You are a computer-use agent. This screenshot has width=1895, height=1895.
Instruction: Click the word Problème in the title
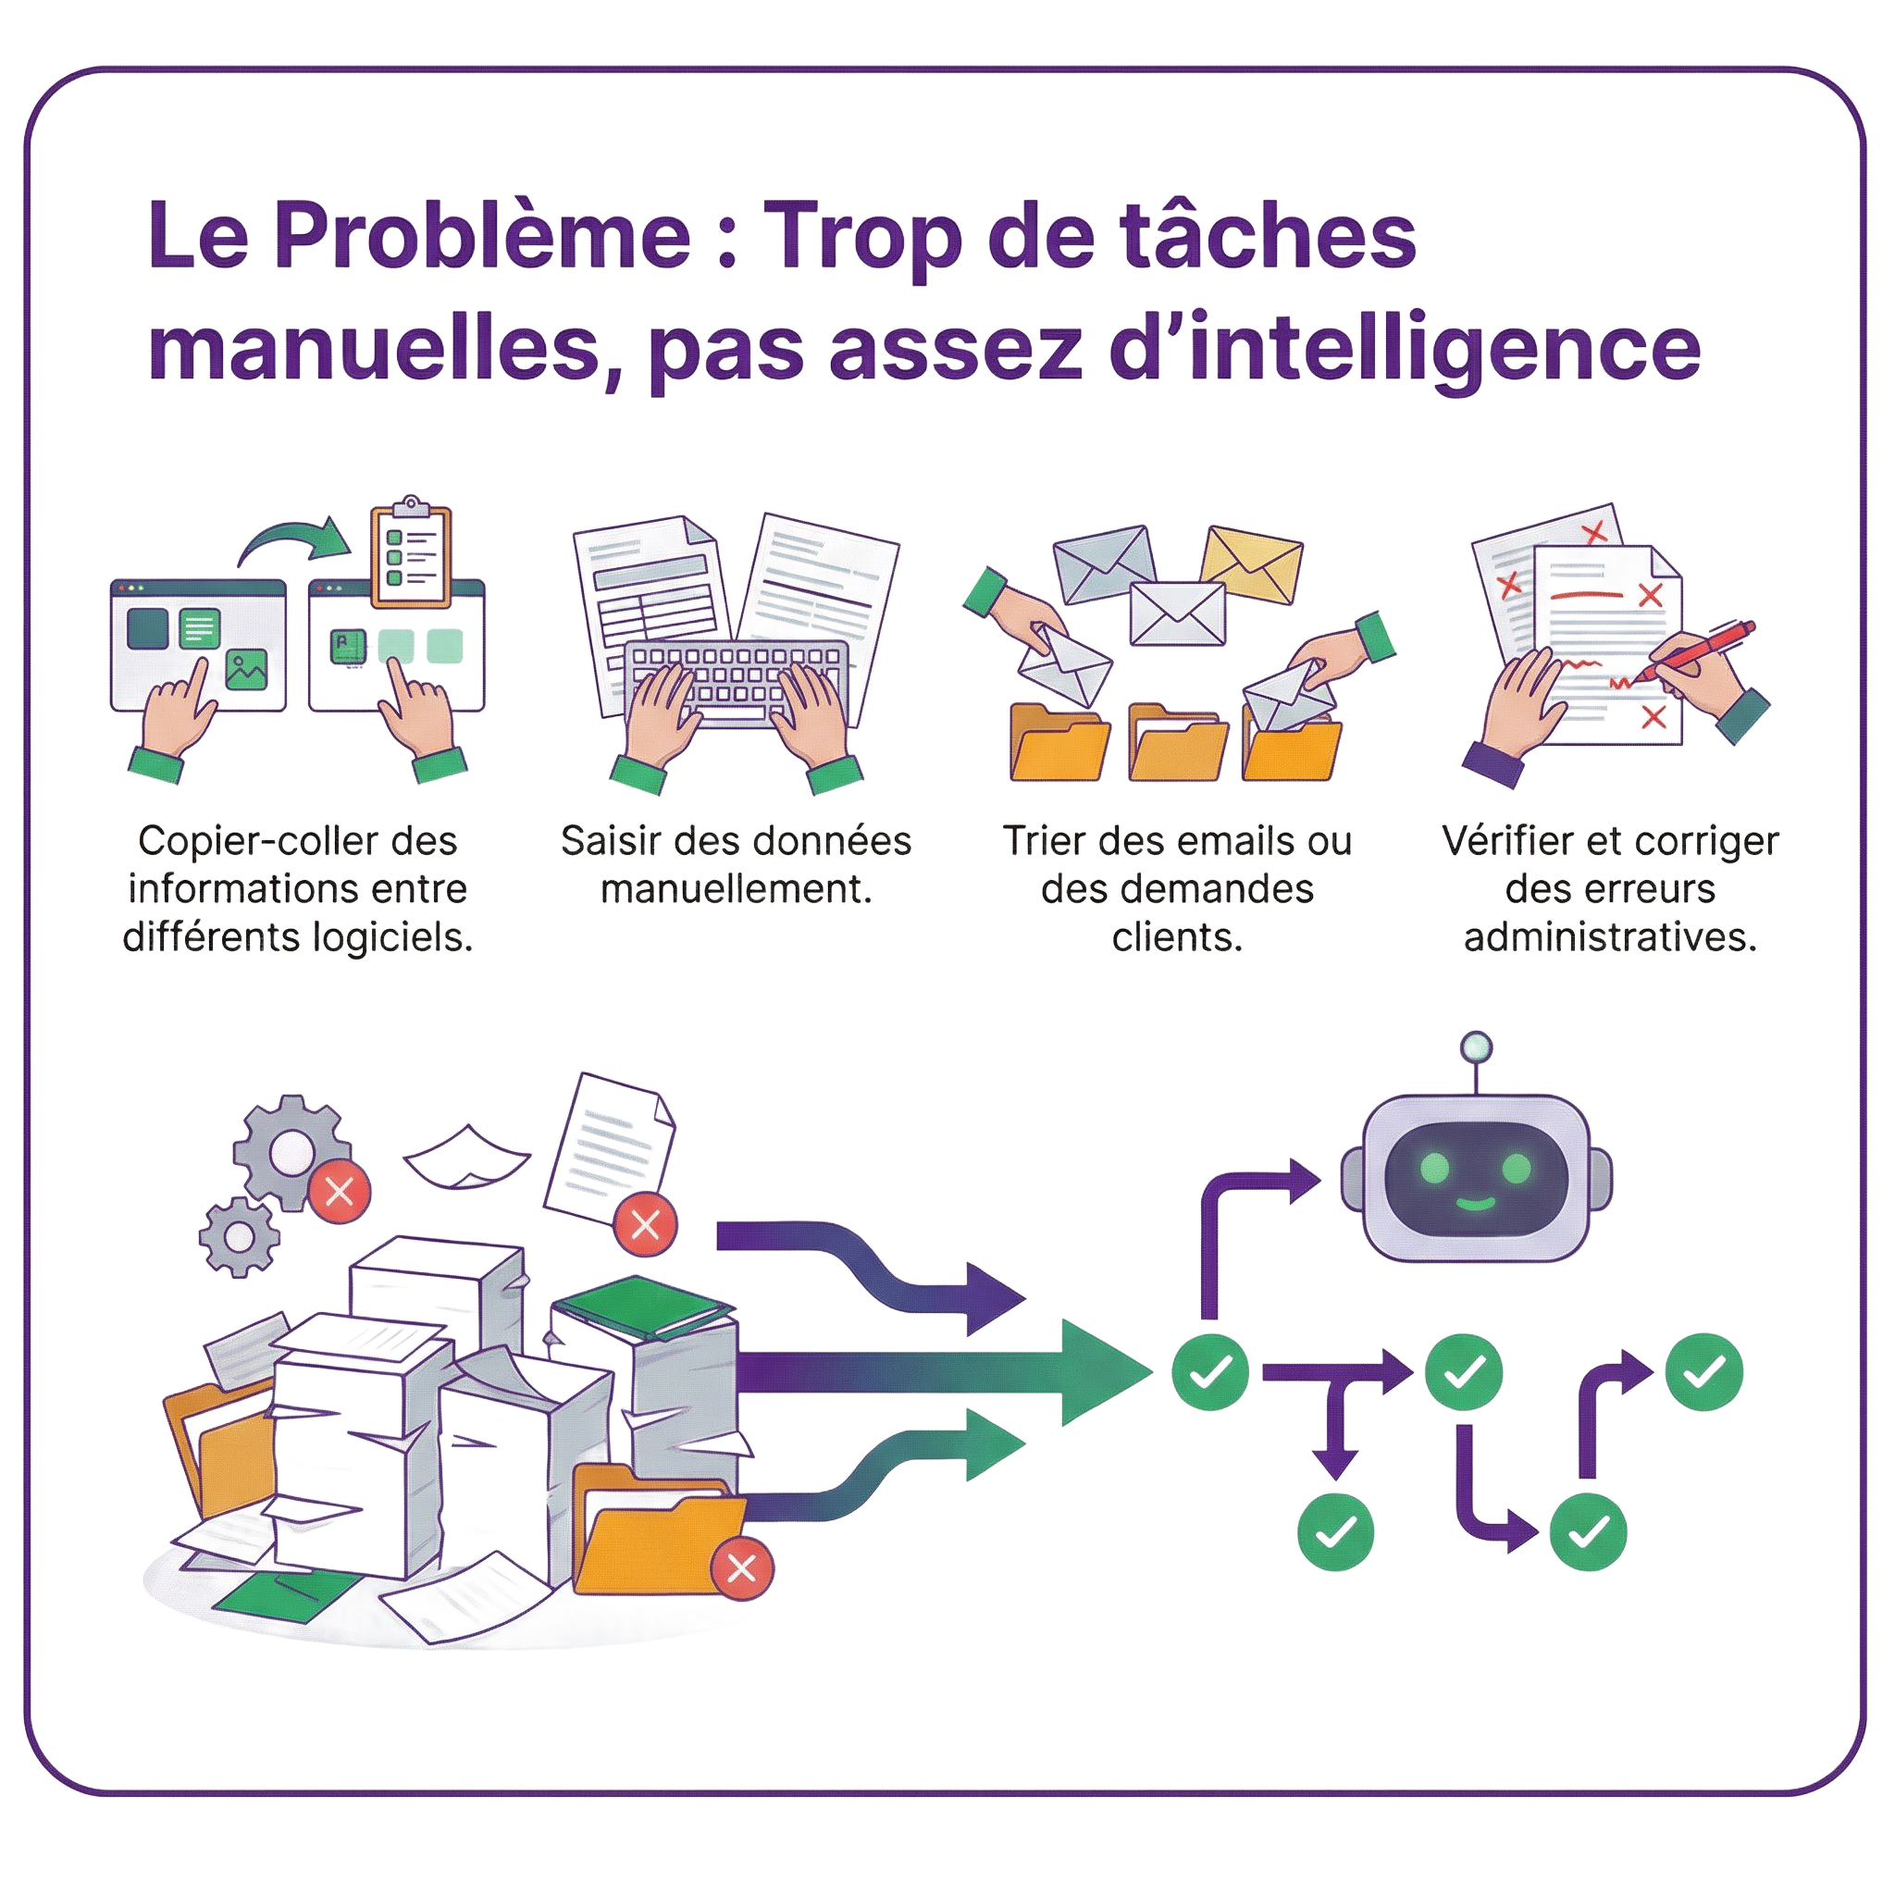(480, 235)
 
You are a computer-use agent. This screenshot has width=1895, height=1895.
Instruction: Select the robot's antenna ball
(1476, 1046)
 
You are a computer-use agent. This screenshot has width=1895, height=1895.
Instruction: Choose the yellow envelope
(1253, 565)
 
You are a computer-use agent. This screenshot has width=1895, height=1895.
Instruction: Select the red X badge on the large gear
(340, 1192)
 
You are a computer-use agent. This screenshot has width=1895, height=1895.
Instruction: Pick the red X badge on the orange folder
(742, 1567)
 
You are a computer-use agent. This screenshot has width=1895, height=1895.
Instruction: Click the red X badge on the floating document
(646, 1224)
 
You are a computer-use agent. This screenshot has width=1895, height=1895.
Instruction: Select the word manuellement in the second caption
(736, 889)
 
